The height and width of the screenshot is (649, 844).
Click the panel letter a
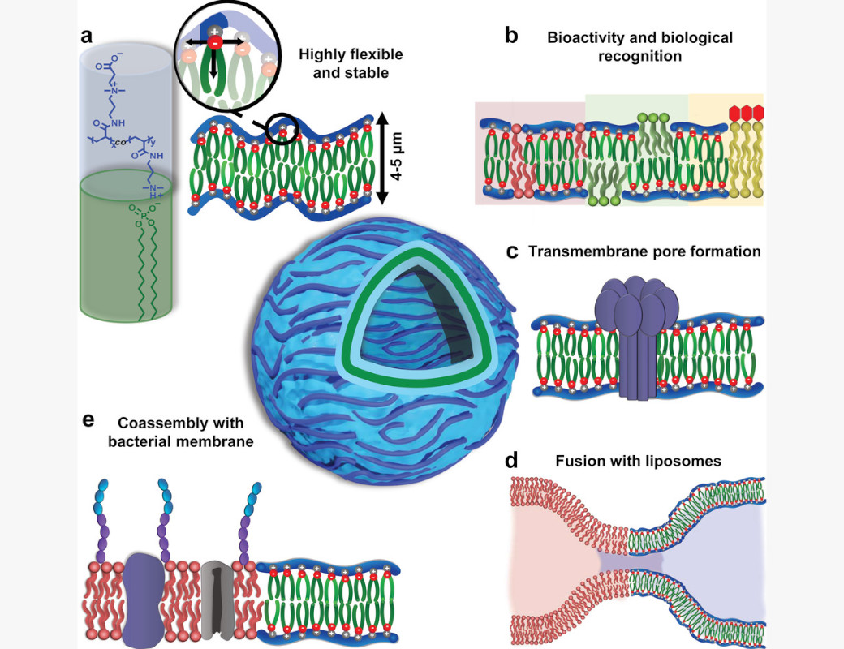[x=86, y=36]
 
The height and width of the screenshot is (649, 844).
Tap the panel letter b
[x=511, y=35]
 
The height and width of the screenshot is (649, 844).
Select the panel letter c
[x=512, y=251]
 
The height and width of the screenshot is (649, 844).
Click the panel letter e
[x=88, y=420]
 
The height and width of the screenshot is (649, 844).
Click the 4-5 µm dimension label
[x=396, y=157]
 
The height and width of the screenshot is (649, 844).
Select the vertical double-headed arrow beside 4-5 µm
[x=381, y=157]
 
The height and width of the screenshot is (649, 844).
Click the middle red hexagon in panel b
[x=747, y=113]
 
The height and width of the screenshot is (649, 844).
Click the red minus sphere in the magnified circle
[x=214, y=42]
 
